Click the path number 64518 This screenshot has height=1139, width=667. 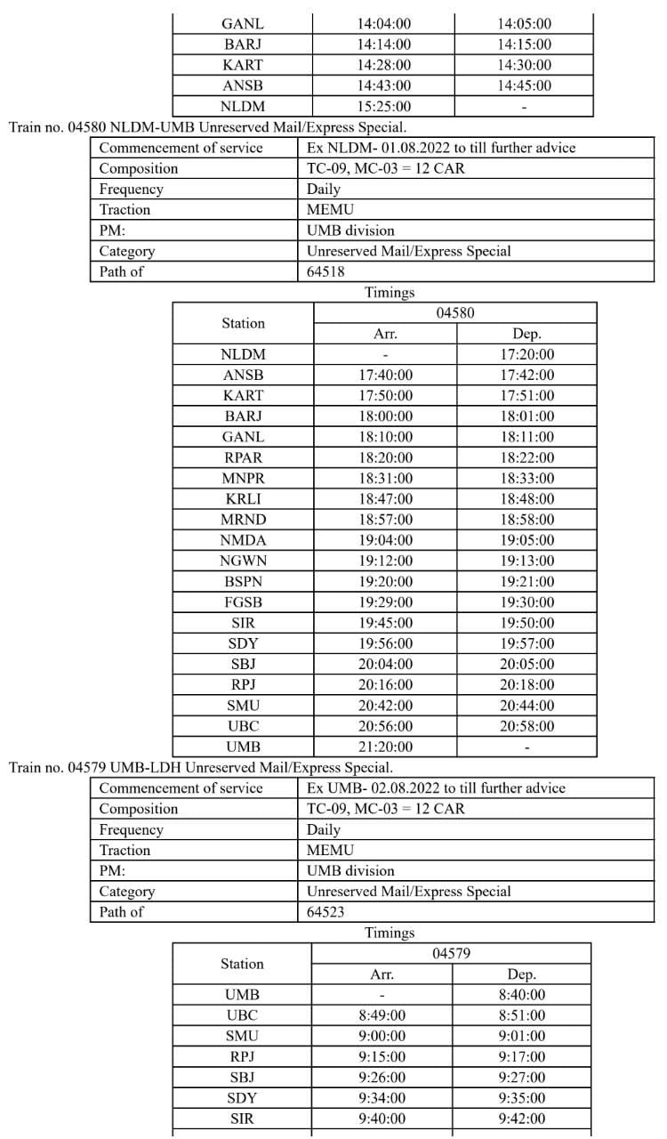coord(325,271)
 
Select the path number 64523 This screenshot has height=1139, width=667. coord(325,912)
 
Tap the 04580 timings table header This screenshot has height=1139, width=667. coord(454,313)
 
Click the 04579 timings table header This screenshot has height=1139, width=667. coord(451,954)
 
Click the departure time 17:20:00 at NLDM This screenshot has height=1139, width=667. coord(526,354)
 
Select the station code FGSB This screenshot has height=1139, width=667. coord(243,602)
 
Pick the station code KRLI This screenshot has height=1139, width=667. coord(243,499)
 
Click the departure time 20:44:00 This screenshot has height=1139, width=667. coord(526,706)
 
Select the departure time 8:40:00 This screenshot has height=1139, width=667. coord(522,995)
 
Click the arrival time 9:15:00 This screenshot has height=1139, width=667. coord(382,1056)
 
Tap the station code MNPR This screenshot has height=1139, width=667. coord(243,479)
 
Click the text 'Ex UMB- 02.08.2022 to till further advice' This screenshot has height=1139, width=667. coord(436,788)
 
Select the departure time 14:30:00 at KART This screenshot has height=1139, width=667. coord(524,65)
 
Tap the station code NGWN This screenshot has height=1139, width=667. coord(243,561)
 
